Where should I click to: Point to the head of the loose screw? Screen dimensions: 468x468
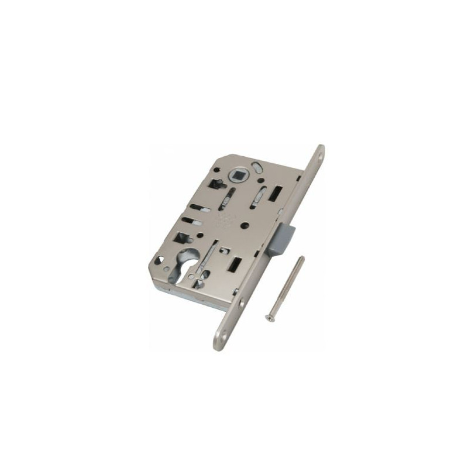pyautogui.click(x=270, y=318)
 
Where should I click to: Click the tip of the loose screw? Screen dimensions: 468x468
pyautogui.click(x=302, y=259)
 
